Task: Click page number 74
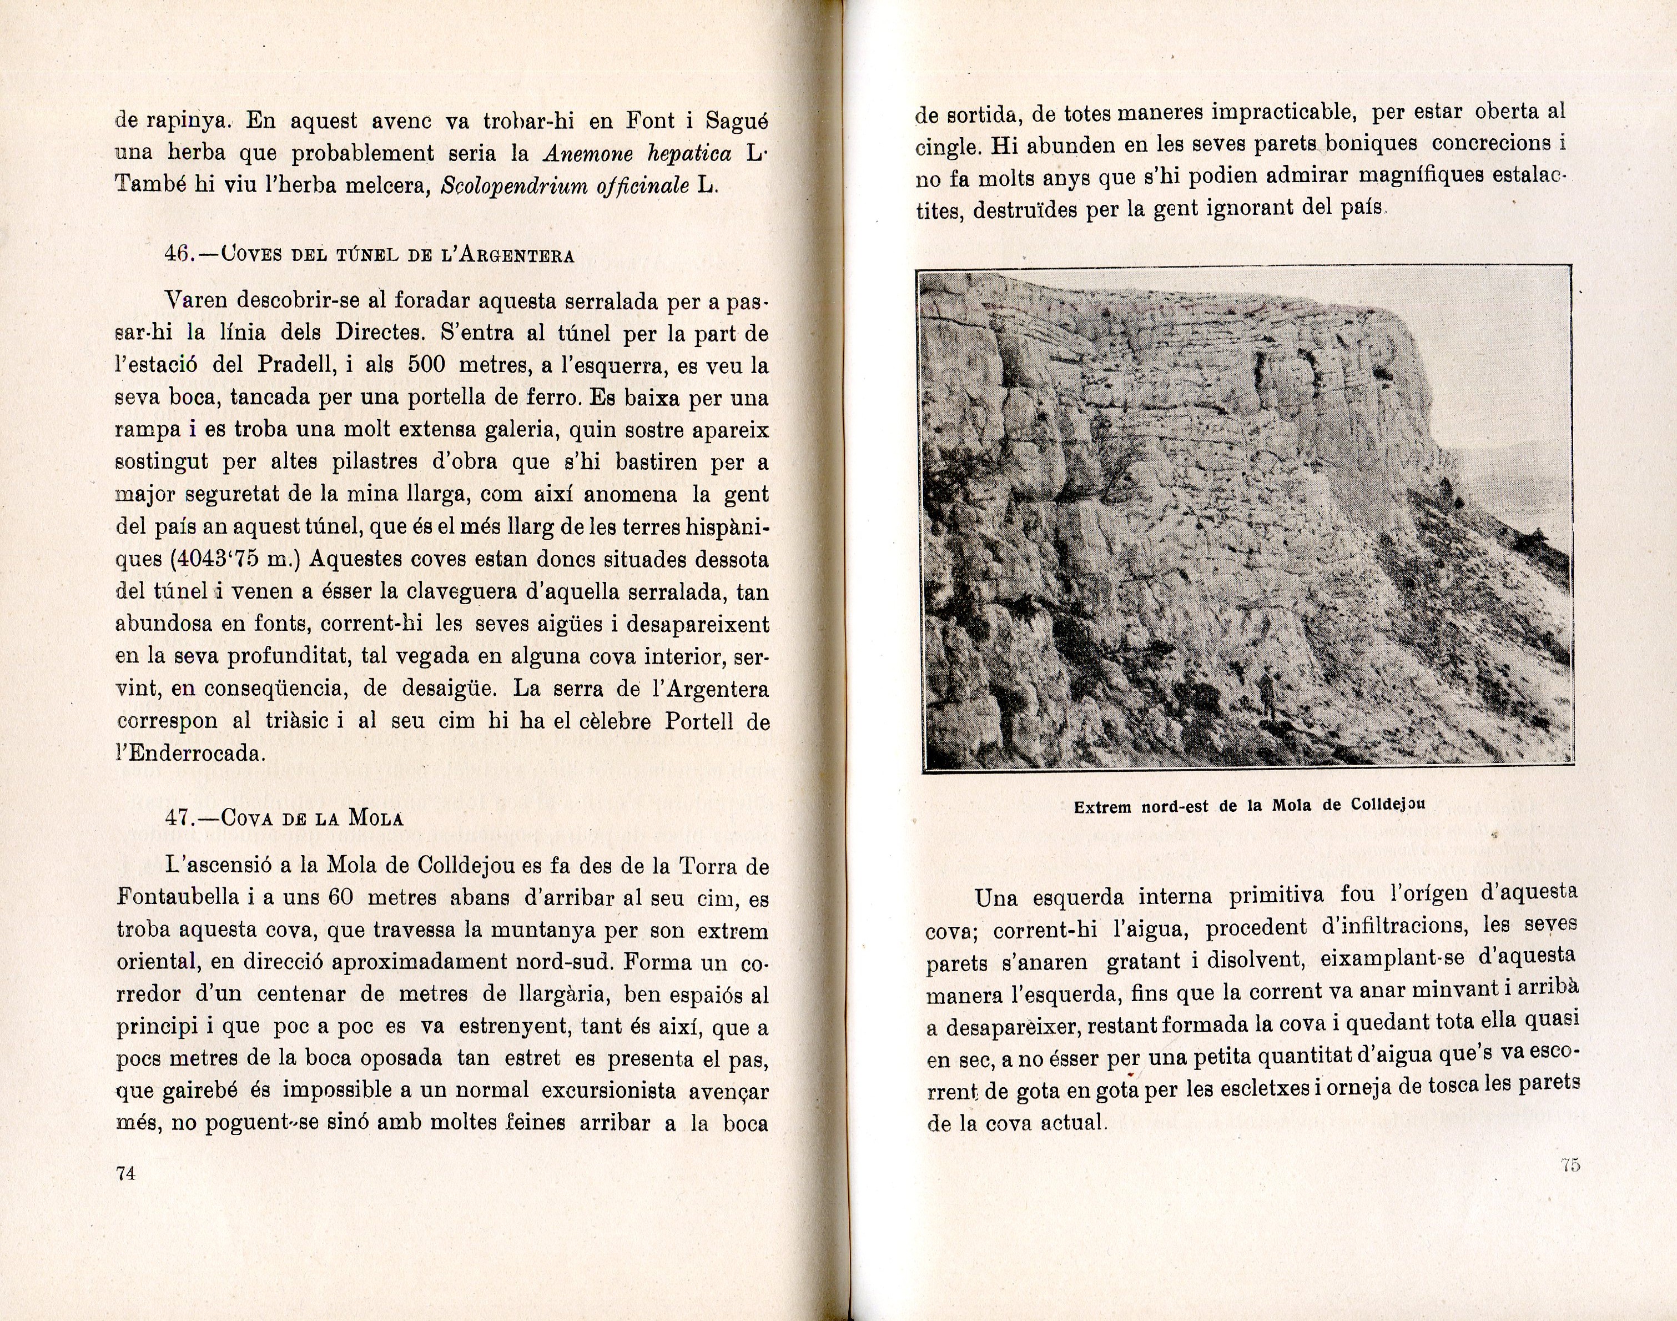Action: tap(126, 1173)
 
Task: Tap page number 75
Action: tap(1569, 1165)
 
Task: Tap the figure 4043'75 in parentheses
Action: tap(220, 559)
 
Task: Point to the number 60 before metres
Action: tap(340, 898)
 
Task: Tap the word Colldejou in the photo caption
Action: tap(1388, 805)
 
